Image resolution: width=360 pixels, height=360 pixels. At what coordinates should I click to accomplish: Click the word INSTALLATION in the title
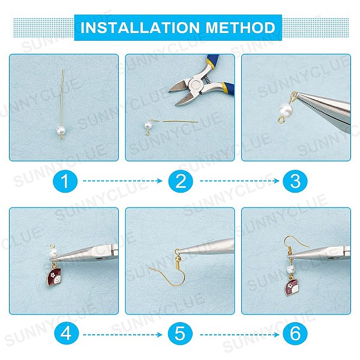click(140, 28)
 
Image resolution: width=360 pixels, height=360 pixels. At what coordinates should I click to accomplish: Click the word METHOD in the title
click(241, 28)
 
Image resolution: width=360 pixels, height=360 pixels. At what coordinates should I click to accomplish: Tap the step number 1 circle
click(65, 181)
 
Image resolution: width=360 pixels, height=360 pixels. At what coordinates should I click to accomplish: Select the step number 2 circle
click(181, 181)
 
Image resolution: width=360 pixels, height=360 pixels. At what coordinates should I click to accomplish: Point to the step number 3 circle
click(295, 181)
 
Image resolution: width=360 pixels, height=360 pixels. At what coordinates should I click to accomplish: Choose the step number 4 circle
click(66, 334)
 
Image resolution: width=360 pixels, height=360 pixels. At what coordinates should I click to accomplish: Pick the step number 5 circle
click(180, 334)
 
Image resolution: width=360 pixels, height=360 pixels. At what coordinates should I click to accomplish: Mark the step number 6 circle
click(295, 334)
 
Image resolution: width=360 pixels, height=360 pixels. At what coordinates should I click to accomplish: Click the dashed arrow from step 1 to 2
click(122, 181)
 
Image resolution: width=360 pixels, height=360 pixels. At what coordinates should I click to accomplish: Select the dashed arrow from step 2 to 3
click(239, 181)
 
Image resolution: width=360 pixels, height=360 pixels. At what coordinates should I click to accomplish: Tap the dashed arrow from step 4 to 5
click(122, 335)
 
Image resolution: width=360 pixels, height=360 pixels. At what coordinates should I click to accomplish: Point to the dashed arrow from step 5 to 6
click(239, 335)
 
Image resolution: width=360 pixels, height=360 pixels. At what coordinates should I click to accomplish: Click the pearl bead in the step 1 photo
click(61, 130)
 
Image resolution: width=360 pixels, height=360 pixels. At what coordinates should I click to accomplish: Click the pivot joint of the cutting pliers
click(196, 85)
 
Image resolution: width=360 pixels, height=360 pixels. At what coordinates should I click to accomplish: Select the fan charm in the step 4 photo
click(53, 277)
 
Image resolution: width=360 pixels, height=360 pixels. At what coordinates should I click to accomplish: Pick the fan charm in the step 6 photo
click(293, 286)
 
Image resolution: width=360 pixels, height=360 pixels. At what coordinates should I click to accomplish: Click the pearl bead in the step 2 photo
click(148, 125)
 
